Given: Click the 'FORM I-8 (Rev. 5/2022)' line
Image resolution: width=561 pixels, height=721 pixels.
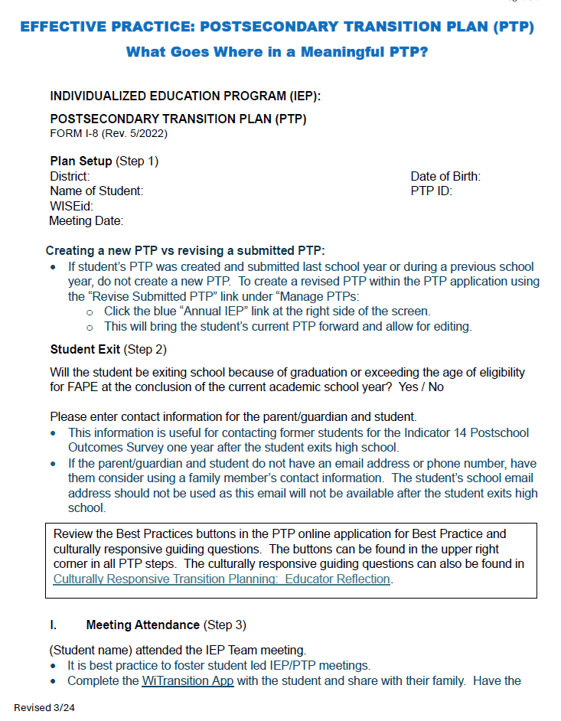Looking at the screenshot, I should click(x=109, y=133).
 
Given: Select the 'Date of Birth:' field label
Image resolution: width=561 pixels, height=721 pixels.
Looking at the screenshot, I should click(x=445, y=177).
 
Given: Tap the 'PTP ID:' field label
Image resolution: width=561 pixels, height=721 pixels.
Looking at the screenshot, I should click(x=432, y=191).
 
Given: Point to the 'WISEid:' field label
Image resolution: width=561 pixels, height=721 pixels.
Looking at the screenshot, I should click(x=71, y=207).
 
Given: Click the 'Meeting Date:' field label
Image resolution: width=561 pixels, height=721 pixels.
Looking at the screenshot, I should click(x=86, y=221).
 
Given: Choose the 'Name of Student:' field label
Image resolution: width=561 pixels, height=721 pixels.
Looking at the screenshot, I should click(x=96, y=191).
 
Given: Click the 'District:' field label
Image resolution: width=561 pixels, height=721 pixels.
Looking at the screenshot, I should click(x=70, y=177).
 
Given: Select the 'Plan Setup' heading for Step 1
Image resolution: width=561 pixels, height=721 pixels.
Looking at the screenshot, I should click(x=80, y=161).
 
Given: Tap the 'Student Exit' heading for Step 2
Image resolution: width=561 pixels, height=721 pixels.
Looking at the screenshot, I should click(x=85, y=350).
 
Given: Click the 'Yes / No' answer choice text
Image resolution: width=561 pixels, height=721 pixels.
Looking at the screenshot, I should click(x=421, y=387).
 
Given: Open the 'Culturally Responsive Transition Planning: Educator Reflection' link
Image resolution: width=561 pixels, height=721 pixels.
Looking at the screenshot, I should click(x=222, y=579).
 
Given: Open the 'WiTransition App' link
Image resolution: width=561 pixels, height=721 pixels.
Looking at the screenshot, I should click(x=188, y=680).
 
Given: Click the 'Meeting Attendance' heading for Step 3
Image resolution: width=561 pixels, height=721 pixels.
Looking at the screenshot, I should click(x=142, y=625).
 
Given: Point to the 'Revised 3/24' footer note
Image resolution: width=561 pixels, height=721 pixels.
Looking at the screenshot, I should click(x=44, y=707).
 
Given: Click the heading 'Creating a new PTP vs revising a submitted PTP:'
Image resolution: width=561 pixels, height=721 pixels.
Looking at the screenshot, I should click(x=185, y=251).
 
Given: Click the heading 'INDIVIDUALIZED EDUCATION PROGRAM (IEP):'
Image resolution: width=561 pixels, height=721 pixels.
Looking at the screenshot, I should click(x=185, y=96).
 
